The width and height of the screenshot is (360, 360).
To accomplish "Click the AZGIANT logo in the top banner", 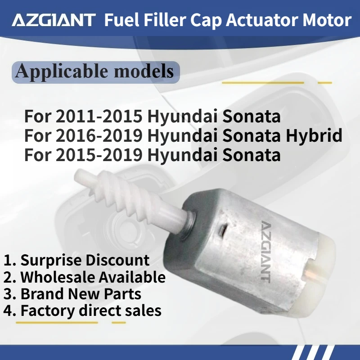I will click(54, 20).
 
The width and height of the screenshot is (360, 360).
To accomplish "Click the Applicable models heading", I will click(94, 71).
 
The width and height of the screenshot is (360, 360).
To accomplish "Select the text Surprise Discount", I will click(85, 260).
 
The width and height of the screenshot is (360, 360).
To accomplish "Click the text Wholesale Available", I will click(93, 277).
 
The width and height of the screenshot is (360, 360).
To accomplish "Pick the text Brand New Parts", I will click(81, 294).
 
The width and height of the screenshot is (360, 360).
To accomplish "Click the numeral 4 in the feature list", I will click(8, 310).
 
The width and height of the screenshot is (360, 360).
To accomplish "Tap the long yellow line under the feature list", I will click(58, 322).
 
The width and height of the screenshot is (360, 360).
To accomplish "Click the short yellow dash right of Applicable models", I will click(324, 83).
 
